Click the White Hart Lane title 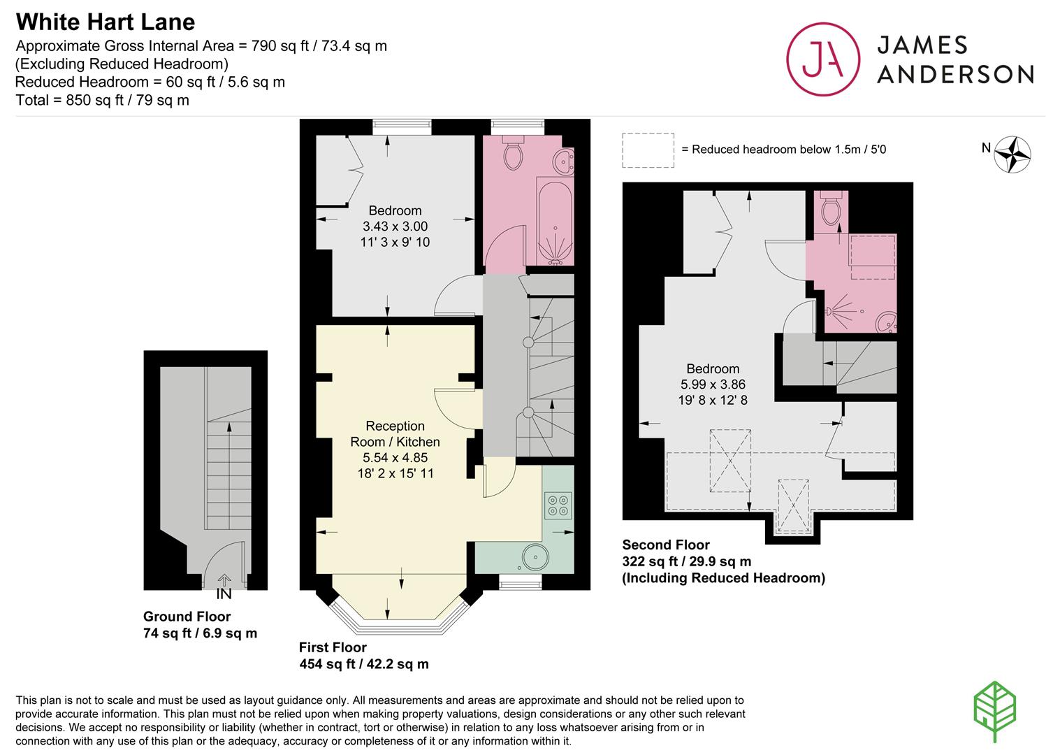(105, 22)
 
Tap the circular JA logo (823, 59)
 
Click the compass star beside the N (1012, 154)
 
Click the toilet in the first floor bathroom (513, 152)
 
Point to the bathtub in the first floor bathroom (555, 220)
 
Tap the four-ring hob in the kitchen (558, 505)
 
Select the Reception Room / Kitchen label (395, 433)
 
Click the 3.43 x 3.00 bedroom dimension (395, 226)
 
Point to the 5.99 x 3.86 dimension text (713, 384)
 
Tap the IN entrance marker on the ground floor (224, 594)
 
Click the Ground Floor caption (187, 617)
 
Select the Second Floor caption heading (666, 545)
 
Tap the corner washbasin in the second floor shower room (886, 322)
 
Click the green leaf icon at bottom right (994, 712)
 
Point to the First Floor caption (333, 647)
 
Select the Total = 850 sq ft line (102, 100)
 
